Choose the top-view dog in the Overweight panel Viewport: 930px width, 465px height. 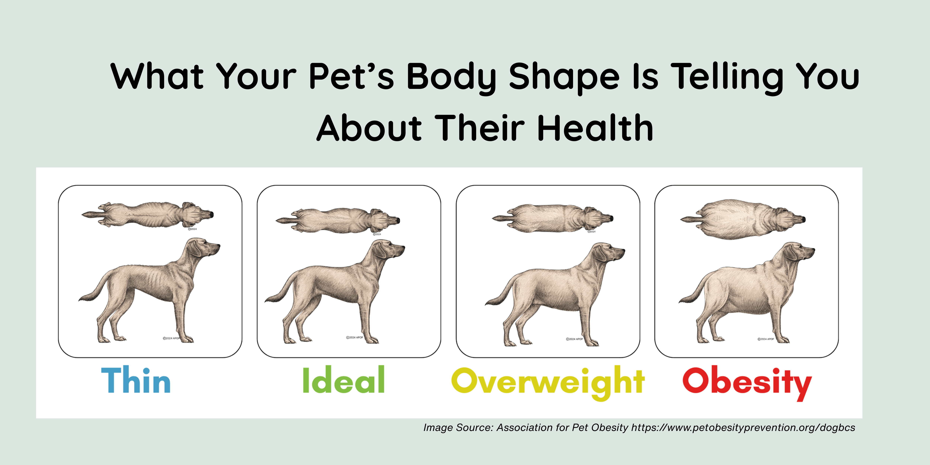552,218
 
